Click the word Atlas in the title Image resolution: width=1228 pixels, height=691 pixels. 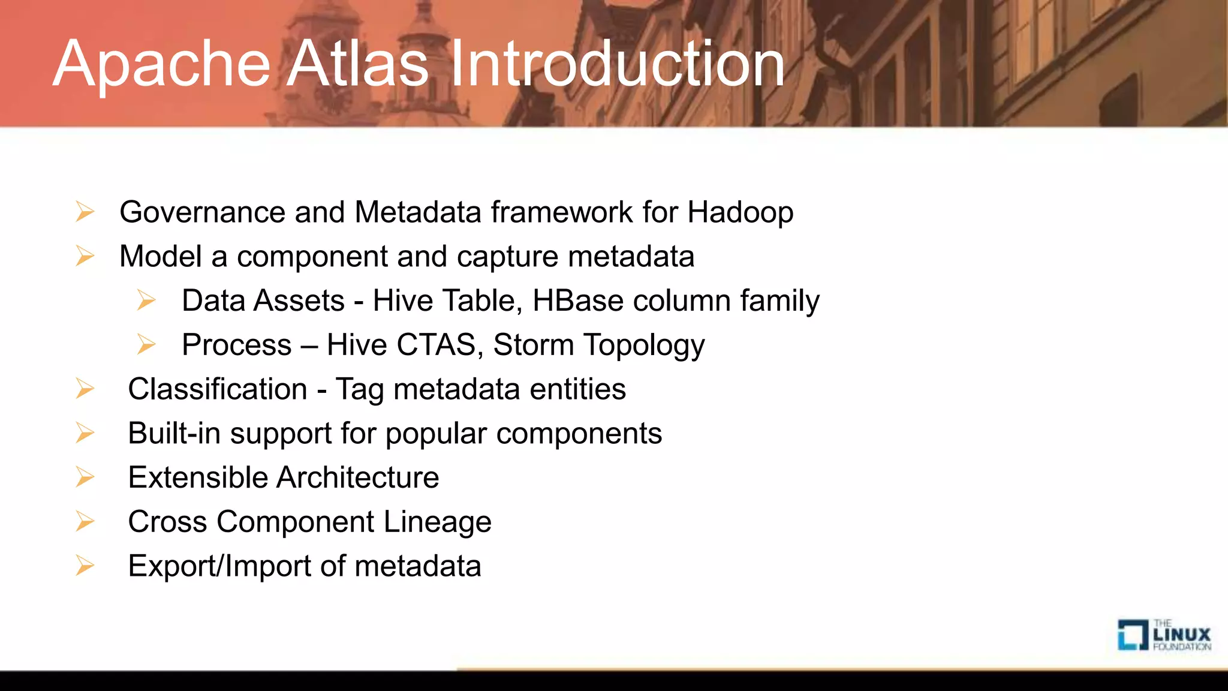click(359, 64)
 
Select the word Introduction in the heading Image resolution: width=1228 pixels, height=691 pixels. click(618, 64)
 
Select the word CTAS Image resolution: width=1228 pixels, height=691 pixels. click(436, 345)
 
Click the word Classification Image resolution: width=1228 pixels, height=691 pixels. click(217, 389)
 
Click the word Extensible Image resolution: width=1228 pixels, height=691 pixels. click(198, 478)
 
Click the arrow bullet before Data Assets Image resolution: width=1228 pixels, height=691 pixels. click(146, 300)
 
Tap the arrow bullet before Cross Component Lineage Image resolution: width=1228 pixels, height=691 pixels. click(85, 521)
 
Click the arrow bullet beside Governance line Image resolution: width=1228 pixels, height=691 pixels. click(85, 212)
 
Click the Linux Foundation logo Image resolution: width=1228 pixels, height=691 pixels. click(1163, 635)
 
